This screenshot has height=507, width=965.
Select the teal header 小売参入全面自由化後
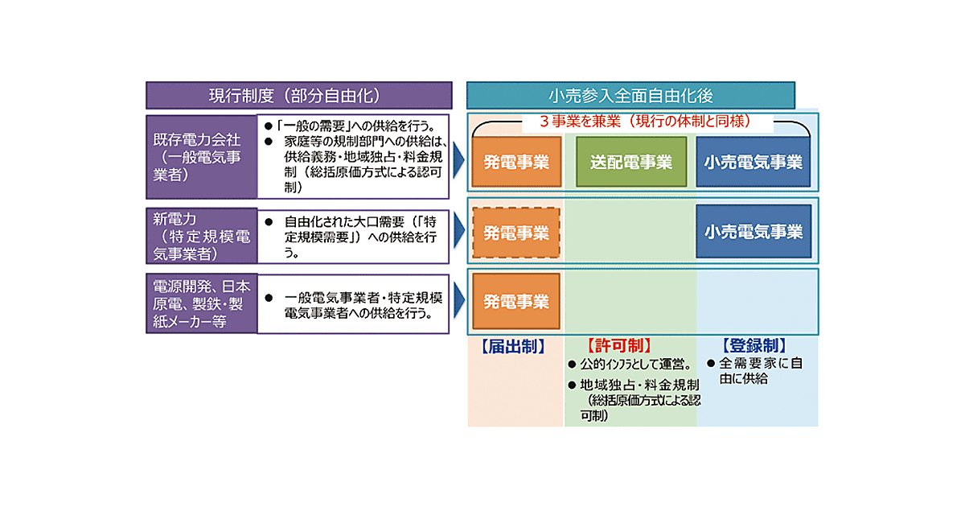pyautogui.click(x=630, y=95)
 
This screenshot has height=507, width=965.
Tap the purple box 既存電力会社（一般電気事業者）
pyautogui.click(x=201, y=156)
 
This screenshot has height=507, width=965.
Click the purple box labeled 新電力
pyautogui.click(x=201, y=236)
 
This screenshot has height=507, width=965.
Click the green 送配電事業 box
pyautogui.click(x=631, y=162)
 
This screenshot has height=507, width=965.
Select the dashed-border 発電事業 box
pyautogui.click(x=515, y=233)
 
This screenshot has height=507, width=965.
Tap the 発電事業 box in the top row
pyautogui.click(x=515, y=162)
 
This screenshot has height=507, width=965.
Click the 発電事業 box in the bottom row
pyautogui.click(x=515, y=302)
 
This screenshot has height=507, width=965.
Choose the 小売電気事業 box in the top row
pyautogui.click(x=754, y=162)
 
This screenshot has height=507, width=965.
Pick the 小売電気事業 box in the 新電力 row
pyautogui.click(x=754, y=232)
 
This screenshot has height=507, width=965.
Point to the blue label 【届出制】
pyautogui.click(x=513, y=346)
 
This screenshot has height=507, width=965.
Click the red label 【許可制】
pyautogui.click(x=618, y=346)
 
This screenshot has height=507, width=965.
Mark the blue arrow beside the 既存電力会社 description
pyautogui.click(x=459, y=161)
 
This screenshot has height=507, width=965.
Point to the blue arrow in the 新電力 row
pyautogui.click(x=459, y=233)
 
